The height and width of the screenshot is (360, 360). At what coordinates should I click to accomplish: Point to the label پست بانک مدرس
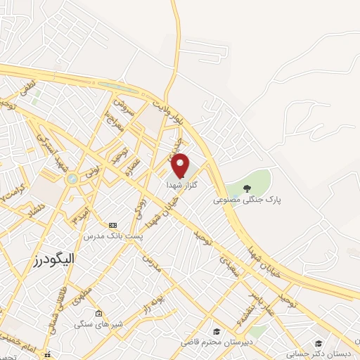pos(112,236)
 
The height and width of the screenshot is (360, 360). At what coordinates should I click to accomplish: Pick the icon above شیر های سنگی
pos(98,314)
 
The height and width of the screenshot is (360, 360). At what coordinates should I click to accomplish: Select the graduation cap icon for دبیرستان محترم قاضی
pos(218,331)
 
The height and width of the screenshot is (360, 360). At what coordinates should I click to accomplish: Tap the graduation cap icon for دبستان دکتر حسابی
pos(319,343)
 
